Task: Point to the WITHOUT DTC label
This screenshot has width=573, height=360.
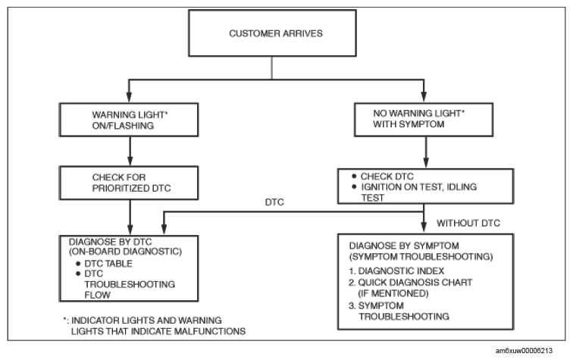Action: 468,223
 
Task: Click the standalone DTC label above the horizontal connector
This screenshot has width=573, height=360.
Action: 274,202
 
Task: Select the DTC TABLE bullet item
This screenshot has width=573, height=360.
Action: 104,264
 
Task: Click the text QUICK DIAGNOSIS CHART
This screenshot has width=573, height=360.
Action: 415,283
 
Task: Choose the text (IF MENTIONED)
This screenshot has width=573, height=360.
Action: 393,293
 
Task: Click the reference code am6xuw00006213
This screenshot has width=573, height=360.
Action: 524,351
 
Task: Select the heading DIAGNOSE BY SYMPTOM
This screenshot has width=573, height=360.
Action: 404,246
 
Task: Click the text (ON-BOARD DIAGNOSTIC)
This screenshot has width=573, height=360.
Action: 125,252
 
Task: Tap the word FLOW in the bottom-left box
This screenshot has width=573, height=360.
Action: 97,295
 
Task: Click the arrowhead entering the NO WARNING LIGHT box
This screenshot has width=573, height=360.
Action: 424,96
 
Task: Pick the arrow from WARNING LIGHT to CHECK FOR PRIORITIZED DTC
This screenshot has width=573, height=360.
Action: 130,152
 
